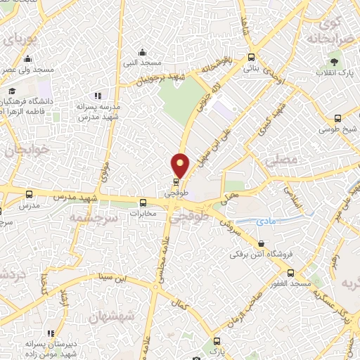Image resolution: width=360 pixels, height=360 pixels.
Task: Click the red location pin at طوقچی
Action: click(180, 165)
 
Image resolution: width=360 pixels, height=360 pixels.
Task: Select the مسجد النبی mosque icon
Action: click(143, 51)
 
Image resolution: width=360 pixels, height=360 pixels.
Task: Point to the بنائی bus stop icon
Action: click(251, 58)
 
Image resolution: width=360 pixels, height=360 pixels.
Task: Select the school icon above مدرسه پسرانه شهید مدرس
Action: click(98, 96)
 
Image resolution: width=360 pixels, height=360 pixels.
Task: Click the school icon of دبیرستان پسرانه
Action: click(50, 333)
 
